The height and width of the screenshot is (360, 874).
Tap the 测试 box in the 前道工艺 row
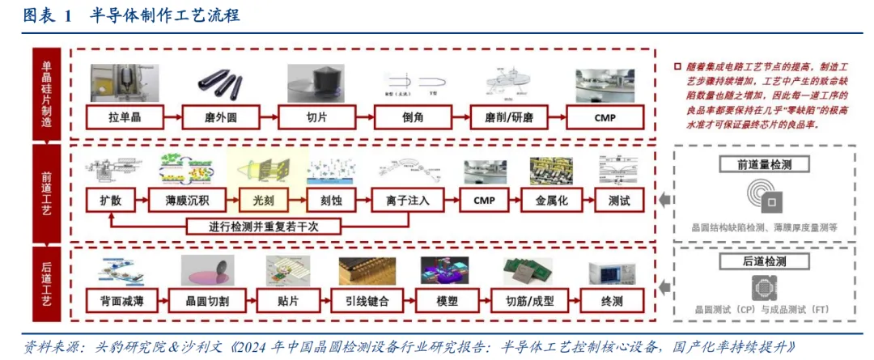coord(619,199)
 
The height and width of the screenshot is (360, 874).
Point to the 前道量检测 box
coord(764,165)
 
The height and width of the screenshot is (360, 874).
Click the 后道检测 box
coord(764,261)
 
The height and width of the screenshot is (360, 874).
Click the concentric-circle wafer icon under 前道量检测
coord(762,197)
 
